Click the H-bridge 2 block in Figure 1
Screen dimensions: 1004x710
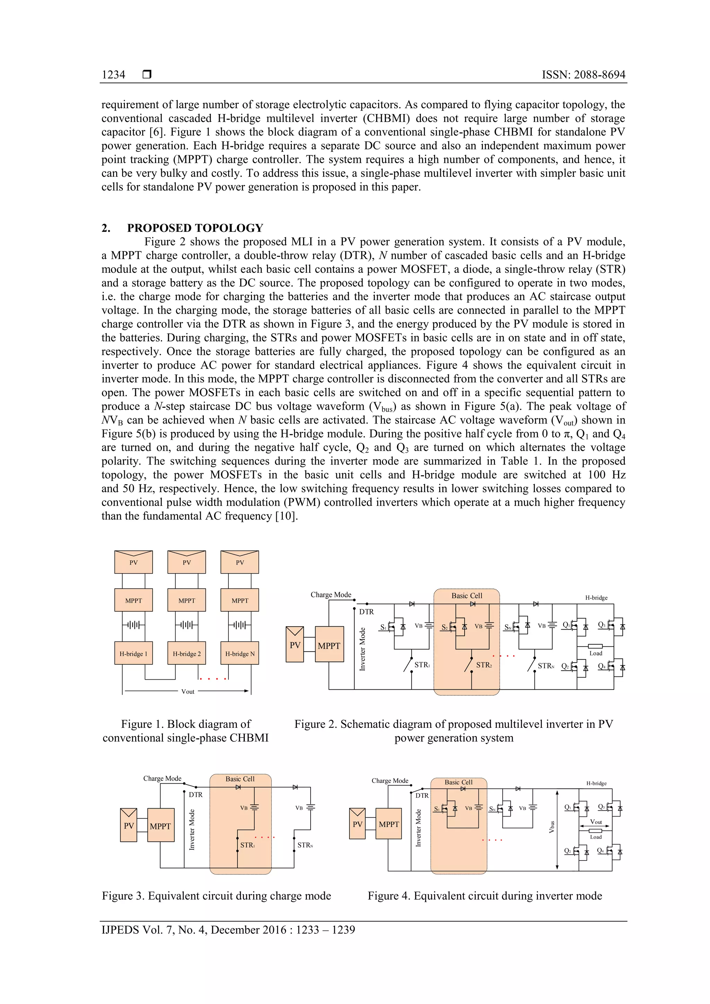[x=187, y=653]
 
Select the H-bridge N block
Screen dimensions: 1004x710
[x=240, y=653]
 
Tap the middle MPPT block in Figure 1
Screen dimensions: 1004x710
[x=187, y=600]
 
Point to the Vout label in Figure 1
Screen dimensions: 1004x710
[x=188, y=691]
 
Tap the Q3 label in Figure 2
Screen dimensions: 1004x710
[x=601, y=625]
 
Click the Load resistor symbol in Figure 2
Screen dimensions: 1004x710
[x=595, y=646]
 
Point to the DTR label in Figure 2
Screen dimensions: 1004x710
[x=366, y=612]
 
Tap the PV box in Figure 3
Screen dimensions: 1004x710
[x=129, y=826]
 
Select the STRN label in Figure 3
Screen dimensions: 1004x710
[x=305, y=845]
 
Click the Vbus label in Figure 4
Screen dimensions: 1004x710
[x=552, y=827]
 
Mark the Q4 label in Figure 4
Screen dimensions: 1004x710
[x=601, y=850]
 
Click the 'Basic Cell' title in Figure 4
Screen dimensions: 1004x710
[x=458, y=782]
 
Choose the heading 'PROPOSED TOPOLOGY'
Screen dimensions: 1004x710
[x=195, y=228]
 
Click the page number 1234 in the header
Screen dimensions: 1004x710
[x=113, y=75]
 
